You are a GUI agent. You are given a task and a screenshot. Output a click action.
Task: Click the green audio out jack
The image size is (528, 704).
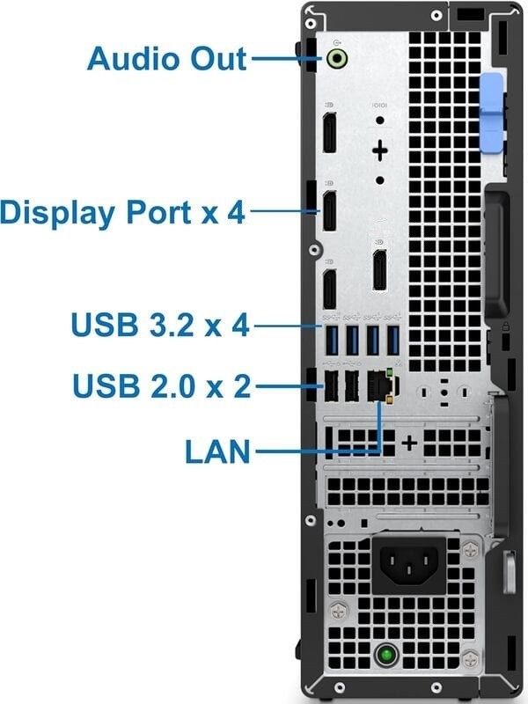pyautogui.click(x=337, y=58)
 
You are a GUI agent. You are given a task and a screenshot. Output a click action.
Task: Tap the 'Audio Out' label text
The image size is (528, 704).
pyautogui.click(x=167, y=58)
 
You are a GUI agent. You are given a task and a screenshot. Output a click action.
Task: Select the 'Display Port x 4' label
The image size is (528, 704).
pyautogui.click(x=123, y=212)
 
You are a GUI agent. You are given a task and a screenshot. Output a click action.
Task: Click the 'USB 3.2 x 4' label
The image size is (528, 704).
pyautogui.click(x=160, y=324)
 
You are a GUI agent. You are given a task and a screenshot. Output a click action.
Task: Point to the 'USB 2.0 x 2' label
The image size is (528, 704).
pyautogui.click(x=162, y=385)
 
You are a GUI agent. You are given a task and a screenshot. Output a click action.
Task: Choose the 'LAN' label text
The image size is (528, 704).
pyautogui.click(x=217, y=451)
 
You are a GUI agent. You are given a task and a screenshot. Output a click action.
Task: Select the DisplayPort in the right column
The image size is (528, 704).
pyautogui.click(x=380, y=269)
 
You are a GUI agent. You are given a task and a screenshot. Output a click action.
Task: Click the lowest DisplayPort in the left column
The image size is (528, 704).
pyautogui.click(x=330, y=289)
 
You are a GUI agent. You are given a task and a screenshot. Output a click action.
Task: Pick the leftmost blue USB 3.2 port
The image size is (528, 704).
pyautogui.click(x=332, y=341)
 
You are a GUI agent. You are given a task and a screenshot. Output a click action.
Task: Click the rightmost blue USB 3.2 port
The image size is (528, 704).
pyautogui.click(x=392, y=341)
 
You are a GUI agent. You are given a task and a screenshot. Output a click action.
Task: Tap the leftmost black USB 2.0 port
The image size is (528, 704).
pyautogui.click(x=332, y=385)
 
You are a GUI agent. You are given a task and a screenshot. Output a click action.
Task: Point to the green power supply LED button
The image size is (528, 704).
pyautogui.click(x=386, y=655)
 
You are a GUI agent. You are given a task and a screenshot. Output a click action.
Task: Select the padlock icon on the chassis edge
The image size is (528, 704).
pyautogui.click(x=505, y=326)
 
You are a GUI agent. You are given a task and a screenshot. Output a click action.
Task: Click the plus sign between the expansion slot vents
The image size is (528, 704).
pyautogui.click(x=409, y=444)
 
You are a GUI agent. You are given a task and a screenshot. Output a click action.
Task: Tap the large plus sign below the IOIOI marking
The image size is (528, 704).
pyautogui.click(x=380, y=150)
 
